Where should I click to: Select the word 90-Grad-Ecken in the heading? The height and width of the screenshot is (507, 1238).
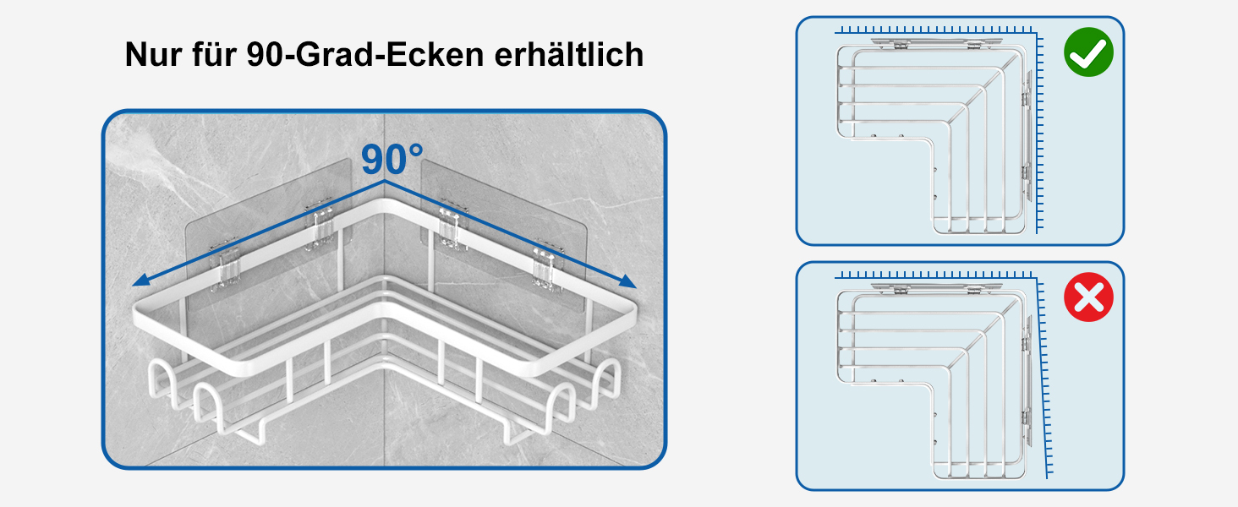click(x=365, y=54)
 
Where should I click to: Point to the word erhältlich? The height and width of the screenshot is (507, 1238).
click(x=569, y=54)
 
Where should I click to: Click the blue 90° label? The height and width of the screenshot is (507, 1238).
click(x=392, y=159)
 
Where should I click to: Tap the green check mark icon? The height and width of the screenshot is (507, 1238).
click(x=1088, y=52)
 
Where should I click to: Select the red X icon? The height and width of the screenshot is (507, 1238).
click(x=1088, y=297)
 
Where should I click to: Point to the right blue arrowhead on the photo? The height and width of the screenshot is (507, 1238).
click(x=627, y=281)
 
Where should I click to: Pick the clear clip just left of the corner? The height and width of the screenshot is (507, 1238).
click(x=320, y=225)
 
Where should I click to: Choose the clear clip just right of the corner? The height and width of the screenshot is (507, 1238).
click(x=453, y=227)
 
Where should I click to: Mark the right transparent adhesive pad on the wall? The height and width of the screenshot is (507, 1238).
click(x=503, y=232)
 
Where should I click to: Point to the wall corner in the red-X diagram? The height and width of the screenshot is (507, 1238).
click(x=1036, y=280)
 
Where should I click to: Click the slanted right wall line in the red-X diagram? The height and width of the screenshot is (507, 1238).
click(x=1043, y=379)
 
